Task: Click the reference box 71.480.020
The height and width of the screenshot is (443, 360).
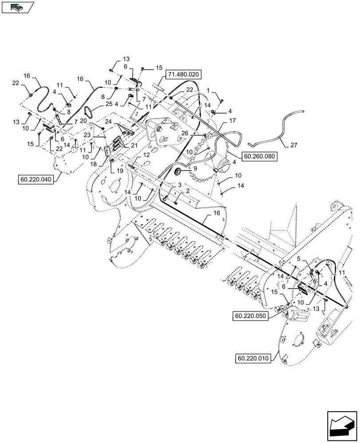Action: (x=183, y=74)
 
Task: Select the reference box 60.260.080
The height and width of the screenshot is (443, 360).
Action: (x=259, y=156)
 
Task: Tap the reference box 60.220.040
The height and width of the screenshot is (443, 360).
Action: (x=35, y=179)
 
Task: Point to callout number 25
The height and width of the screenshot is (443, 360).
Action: (x=108, y=104)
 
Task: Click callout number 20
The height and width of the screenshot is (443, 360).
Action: (x=97, y=126)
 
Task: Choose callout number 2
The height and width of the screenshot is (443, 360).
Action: (x=187, y=190)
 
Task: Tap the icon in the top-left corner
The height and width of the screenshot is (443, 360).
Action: (x=17, y=7)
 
